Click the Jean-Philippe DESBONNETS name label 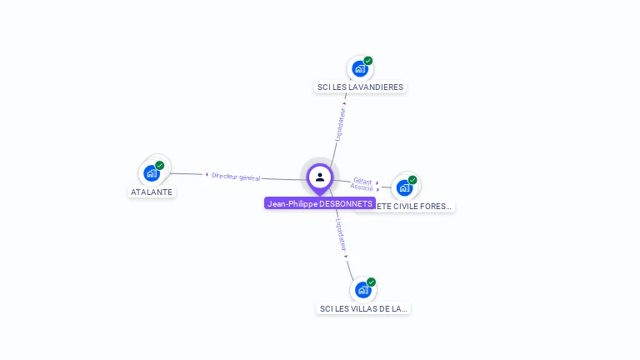(x=320, y=203)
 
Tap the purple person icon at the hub (x=320, y=177)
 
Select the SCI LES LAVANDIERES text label (x=361, y=87)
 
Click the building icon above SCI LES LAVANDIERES (x=360, y=69)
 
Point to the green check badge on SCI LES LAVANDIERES (x=368, y=61)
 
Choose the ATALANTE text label (x=152, y=192)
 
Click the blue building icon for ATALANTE (x=151, y=173)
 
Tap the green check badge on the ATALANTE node (x=160, y=165)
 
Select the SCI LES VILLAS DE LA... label (x=364, y=308)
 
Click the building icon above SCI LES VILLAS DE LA (x=362, y=290)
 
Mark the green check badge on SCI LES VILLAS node (x=372, y=282)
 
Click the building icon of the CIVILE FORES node (x=404, y=187)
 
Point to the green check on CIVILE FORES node (x=412, y=179)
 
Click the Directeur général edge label (x=236, y=177)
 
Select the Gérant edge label (x=362, y=180)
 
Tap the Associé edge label (x=362, y=187)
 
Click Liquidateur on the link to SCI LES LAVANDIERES (x=341, y=122)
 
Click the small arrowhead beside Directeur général (x=207, y=174)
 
